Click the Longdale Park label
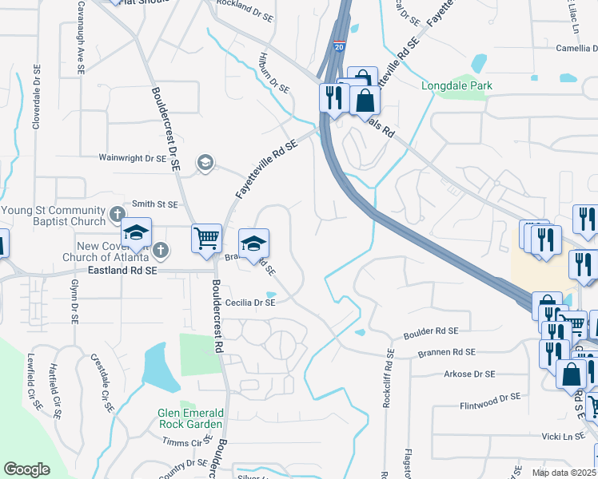click(457, 85)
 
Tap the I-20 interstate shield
click(341, 48)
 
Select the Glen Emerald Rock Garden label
click(190, 418)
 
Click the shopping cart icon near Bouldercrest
click(206, 237)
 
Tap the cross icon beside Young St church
click(117, 214)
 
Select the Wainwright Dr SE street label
click(133, 159)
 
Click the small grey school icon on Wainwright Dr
click(205, 163)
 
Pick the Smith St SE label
click(154, 204)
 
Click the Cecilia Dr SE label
click(250, 303)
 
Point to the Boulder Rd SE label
click(431, 331)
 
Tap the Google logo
click(26, 469)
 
